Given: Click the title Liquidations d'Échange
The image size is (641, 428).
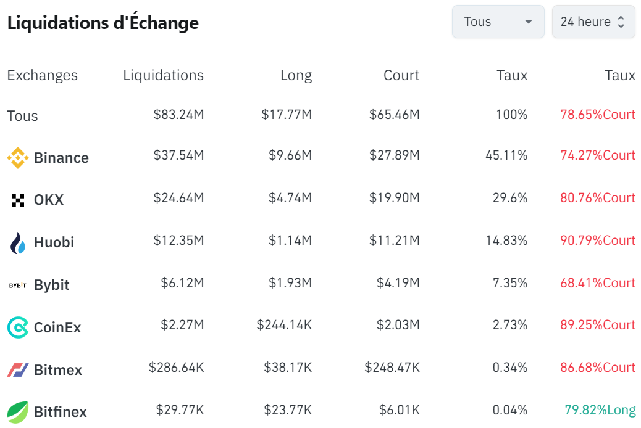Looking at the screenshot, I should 103,23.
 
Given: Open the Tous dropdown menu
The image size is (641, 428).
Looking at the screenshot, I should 498,22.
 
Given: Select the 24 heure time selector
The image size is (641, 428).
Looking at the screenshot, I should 593,22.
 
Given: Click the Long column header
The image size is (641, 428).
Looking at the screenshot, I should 296,75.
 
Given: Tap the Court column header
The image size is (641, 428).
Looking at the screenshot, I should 401,75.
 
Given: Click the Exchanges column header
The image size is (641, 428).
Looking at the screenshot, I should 42,75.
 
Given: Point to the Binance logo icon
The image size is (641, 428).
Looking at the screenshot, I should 17,158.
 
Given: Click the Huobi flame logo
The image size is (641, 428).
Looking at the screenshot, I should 18,243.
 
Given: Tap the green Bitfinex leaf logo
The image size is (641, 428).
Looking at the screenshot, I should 17,412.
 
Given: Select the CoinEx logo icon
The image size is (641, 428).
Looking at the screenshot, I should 17,327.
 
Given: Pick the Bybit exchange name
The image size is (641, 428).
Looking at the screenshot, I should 52,285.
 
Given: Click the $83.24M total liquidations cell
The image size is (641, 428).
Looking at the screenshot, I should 178,115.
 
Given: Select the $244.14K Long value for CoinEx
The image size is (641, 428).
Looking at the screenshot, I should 284,325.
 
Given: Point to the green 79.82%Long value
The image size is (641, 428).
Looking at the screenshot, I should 600,410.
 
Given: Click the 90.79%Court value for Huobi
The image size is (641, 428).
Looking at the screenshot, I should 598,241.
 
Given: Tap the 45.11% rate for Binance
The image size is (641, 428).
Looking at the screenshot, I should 506,155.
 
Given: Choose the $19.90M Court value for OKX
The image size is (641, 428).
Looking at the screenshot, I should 394,198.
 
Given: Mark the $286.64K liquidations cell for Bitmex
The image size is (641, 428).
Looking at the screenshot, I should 176,368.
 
